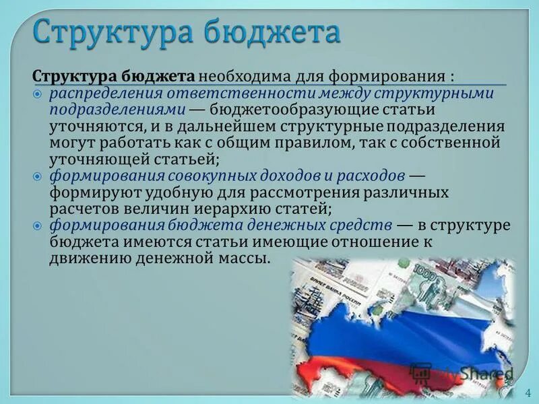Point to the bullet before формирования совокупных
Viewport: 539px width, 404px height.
tap(38, 176)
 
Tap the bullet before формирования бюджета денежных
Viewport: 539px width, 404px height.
tap(38, 226)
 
